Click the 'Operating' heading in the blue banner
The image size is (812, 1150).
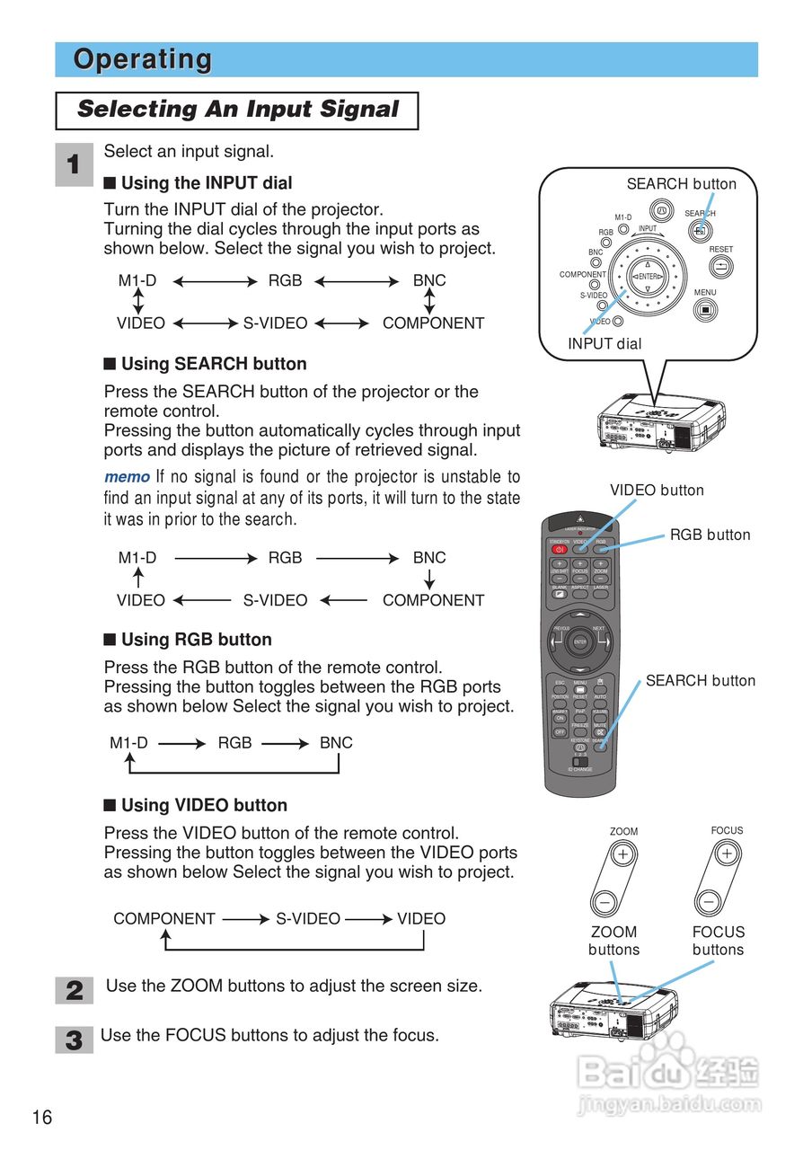tap(143, 59)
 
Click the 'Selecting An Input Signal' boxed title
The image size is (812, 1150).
tap(237, 110)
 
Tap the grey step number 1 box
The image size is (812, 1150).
tap(74, 165)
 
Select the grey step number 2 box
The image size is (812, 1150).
tap(74, 991)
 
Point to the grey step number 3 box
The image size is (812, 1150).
tap(74, 1040)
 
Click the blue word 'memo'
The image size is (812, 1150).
tap(127, 477)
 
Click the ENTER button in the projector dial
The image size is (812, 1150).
tap(648, 276)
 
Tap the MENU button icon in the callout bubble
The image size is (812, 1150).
tap(706, 310)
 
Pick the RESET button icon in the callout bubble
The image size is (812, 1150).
tap(720, 267)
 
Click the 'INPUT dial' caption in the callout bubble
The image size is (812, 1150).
tap(605, 343)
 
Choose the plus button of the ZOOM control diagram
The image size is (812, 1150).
tap(622, 854)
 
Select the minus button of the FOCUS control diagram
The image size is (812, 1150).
tap(710, 901)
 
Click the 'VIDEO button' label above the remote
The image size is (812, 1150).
tap(657, 491)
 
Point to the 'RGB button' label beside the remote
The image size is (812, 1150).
tap(710, 535)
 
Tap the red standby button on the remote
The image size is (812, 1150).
tap(560, 549)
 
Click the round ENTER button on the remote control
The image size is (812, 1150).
tap(580, 641)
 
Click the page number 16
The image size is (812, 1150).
tap(42, 1118)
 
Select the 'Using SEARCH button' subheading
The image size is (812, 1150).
tap(214, 364)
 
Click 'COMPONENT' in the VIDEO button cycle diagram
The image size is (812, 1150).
tap(164, 919)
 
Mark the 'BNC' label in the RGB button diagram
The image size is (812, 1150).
tap(336, 743)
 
